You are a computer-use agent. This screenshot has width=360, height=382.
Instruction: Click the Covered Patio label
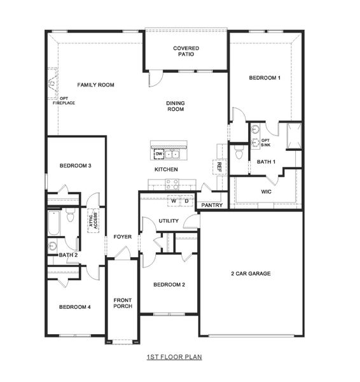tap(186, 51)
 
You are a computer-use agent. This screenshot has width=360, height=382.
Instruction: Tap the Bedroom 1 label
tap(265, 78)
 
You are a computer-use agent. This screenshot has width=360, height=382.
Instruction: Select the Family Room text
tap(96, 85)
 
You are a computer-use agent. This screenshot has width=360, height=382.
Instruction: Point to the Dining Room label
tap(176, 106)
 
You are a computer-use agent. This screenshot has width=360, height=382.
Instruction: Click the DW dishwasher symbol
tap(159, 154)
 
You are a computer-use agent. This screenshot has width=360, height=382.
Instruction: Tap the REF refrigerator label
tap(219, 167)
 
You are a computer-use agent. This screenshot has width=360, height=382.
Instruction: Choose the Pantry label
tap(211, 205)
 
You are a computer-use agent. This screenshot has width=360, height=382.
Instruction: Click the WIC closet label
tap(267, 191)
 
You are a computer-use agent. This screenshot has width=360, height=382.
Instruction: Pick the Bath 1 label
tap(266, 162)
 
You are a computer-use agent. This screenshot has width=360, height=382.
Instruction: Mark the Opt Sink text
tap(265, 143)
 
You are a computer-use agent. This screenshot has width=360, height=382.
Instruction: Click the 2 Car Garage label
tap(251, 274)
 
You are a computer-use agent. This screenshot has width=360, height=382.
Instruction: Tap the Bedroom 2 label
tap(169, 285)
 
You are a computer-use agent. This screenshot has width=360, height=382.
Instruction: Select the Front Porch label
tap(123, 303)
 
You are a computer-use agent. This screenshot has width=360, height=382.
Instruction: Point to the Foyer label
tap(123, 237)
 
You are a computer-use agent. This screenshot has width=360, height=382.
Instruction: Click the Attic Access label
tap(93, 220)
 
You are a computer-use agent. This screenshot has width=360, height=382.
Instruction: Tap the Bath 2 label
tap(68, 255)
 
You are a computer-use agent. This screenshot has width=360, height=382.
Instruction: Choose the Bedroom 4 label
tap(75, 307)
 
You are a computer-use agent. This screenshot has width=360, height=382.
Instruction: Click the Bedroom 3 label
tap(76, 166)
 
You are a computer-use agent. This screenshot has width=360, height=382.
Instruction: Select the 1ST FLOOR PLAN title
tap(174, 357)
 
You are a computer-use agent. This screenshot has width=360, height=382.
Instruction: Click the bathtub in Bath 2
tap(53, 223)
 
